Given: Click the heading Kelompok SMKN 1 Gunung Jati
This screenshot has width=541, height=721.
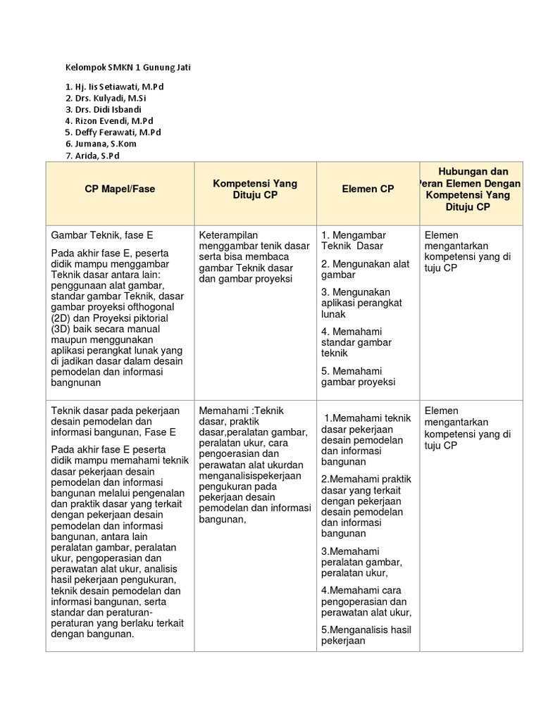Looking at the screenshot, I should click(x=128, y=68).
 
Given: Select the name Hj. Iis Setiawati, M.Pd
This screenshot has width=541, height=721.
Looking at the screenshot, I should click(x=119, y=86).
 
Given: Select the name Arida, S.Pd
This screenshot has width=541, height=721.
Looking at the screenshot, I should click(x=97, y=155).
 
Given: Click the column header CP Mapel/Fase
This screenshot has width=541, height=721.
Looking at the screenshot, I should click(x=120, y=189).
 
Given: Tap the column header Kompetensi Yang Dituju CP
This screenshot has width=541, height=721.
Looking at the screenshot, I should click(x=254, y=189).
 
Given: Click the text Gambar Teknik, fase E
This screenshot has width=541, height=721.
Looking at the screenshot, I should click(x=101, y=234).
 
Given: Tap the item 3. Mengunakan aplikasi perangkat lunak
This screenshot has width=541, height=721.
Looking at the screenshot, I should click(x=361, y=303).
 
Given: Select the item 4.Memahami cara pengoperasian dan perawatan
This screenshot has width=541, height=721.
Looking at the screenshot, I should click(x=366, y=601).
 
